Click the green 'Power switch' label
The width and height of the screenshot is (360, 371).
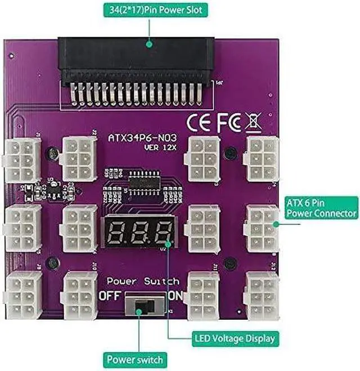tap(136, 359)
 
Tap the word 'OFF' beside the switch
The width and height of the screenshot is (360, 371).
tap(110, 295)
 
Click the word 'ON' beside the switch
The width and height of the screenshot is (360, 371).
tap(175, 295)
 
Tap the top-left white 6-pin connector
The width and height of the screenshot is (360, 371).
tap(22, 160)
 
